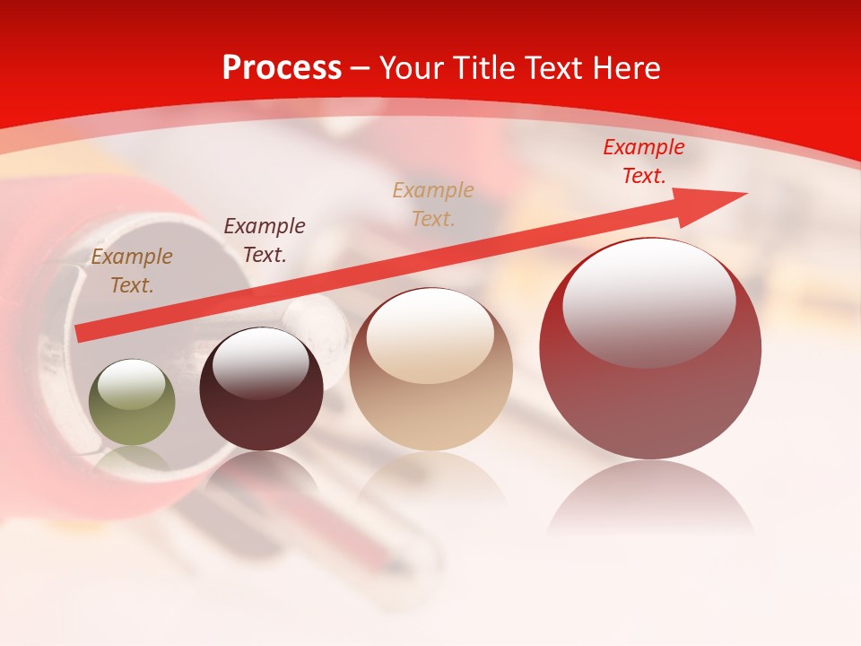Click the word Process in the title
(282, 68)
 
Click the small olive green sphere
(132, 404)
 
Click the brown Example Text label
(132, 271)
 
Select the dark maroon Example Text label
(264, 240)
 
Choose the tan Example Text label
(433, 205)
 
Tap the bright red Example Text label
(643, 161)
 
